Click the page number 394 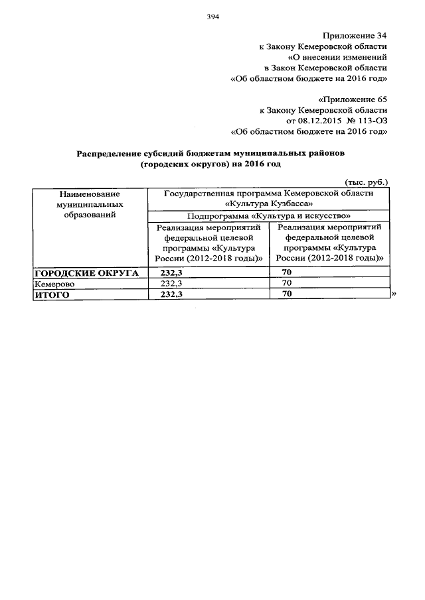(212, 17)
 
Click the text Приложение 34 (355, 34)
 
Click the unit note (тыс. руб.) (366, 182)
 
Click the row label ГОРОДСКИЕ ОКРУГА (86, 273)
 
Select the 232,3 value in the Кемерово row (172, 283)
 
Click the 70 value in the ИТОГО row (287, 294)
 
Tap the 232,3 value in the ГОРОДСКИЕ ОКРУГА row (172, 273)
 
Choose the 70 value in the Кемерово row (287, 283)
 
